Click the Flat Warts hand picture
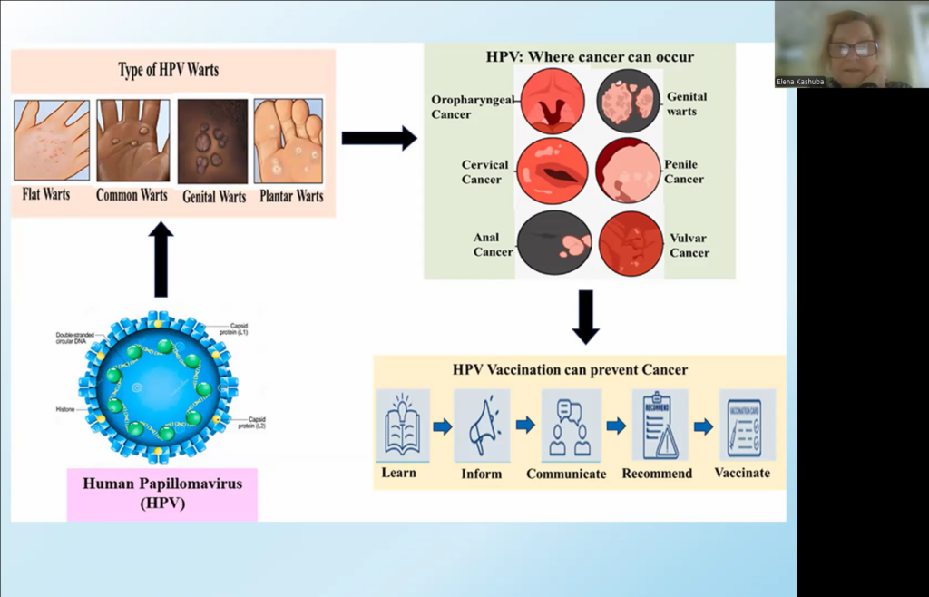click(x=52, y=140)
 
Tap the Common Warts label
click(x=132, y=195)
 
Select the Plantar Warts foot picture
click(x=288, y=140)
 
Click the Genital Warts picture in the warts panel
click(x=211, y=141)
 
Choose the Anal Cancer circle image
click(x=553, y=242)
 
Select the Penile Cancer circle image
click(x=627, y=171)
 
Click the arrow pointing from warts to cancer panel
click(x=378, y=138)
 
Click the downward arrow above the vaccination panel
click(x=585, y=317)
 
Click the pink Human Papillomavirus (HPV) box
click(x=161, y=494)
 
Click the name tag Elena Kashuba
click(x=799, y=82)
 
